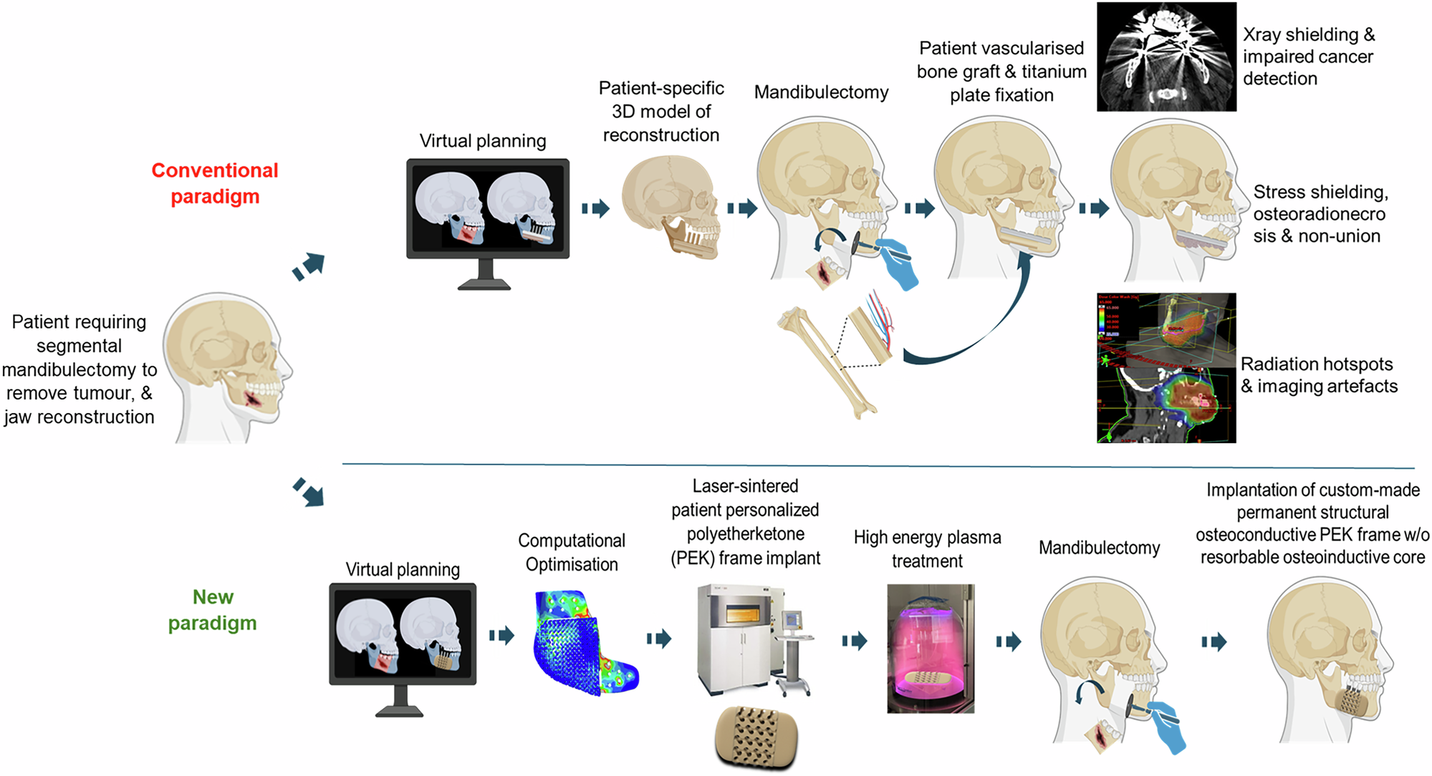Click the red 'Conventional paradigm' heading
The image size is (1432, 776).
pos(214,183)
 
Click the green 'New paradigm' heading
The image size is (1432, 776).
pos(213,610)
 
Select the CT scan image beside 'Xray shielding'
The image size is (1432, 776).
pos(1166,57)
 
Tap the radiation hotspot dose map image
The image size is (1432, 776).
pos(1166,367)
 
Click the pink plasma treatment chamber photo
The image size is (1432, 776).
pos(930,648)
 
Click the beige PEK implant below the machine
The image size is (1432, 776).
pos(756,737)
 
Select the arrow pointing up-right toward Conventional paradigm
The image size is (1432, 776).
pos(309,266)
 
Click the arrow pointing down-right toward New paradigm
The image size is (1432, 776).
pos(309,493)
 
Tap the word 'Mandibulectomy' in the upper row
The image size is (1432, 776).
pos(821,92)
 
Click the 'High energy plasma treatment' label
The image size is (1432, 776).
pos(927,549)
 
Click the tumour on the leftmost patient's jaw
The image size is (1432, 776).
pos(252,398)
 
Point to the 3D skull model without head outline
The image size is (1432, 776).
pos(670,208)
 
